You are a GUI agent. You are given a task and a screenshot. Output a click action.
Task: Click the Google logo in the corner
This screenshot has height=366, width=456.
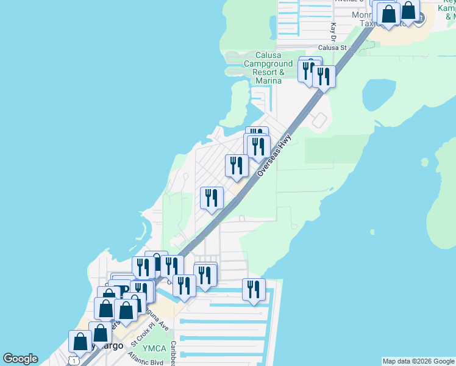click(x=20, y=359)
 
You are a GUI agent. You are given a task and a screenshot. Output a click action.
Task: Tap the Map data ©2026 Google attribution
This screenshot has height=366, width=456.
click(x=418, y=361)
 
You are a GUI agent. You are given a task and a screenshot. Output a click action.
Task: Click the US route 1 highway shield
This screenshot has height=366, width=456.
click(x=74, y=361)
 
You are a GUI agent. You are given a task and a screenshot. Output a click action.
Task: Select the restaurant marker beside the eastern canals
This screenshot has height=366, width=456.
click(x=254, y=289)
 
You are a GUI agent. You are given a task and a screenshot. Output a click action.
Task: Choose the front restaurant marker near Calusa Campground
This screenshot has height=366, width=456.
click(x=324, y=77)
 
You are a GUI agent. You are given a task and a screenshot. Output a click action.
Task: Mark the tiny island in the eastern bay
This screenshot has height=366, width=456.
click(x=372, y=232)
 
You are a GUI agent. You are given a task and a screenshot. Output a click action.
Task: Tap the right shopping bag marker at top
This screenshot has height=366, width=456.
click(x=408, y=10)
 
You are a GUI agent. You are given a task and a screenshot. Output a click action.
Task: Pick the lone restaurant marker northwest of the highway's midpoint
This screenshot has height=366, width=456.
click(x=212, y=198)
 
